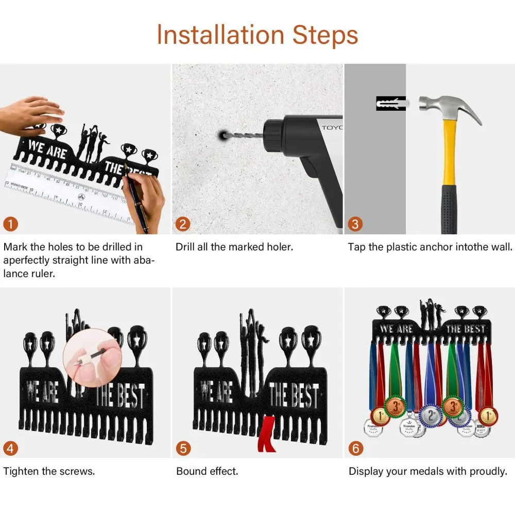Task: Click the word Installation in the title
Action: pyautogui.click(x=220, y=35)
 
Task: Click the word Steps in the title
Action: pyautogui.click(x=325, y=35)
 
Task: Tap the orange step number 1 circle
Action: pyautogui.click(x=10, y=224)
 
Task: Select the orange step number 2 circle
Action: pyautogui.click(x=183, y=224)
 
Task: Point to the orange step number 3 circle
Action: pyautogui.click(x=355, y=224)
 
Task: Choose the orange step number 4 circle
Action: pyautogui.click(x=10, y=449)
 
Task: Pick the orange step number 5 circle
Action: pyautogui.click(x=183, y=449)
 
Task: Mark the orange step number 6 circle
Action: pyautogui.click(x=356, y=449)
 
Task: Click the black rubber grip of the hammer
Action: pyautogui.click(x=449, y=210)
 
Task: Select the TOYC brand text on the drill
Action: pyautogui.click(x=332, y=127)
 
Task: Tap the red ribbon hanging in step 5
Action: pyautogui.click(x=267, y=434)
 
